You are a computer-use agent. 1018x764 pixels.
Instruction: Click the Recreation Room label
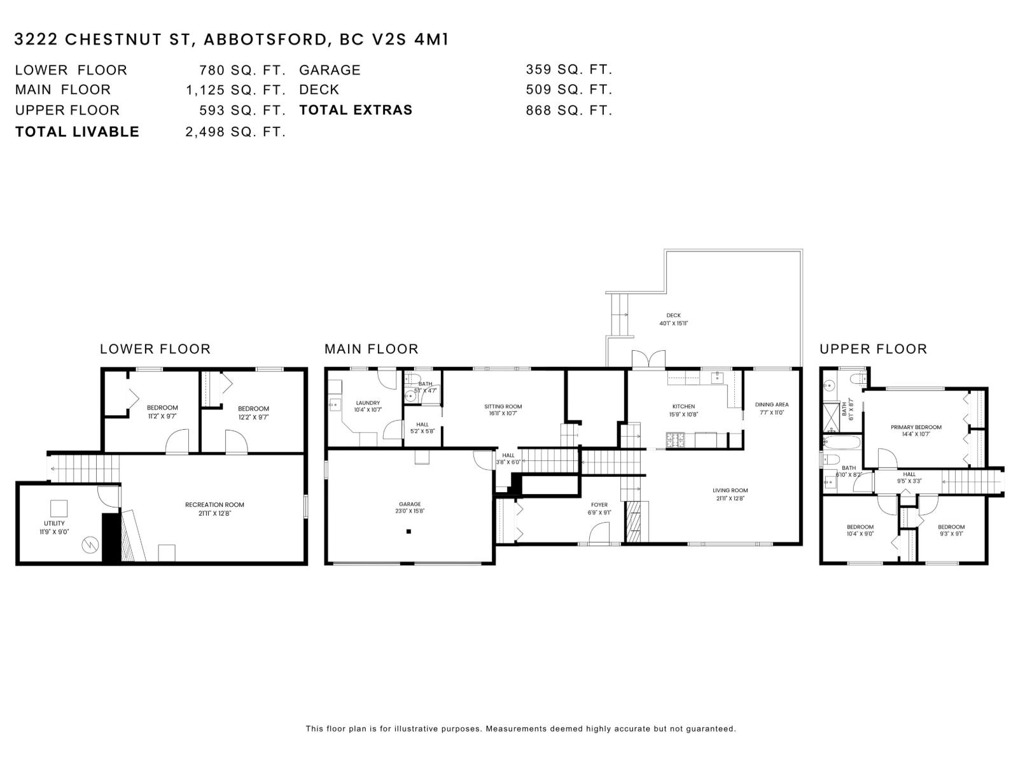(214, 505)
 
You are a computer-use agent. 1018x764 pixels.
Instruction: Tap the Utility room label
(54, 523)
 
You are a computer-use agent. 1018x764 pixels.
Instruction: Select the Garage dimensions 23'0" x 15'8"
(409, 511)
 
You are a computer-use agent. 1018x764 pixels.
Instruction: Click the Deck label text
(673, 315)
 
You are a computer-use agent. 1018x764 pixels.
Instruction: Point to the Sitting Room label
(503, 406)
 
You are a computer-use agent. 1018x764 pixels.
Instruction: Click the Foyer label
(599, 505)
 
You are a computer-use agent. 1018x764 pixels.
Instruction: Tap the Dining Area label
(772, 404)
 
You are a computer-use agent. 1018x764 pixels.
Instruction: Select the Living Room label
(730, 490)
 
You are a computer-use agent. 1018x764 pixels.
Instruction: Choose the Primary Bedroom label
(916, 427)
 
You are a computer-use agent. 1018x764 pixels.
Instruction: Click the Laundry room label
(368, 402)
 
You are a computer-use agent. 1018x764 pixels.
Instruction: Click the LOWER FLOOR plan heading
(155, 349)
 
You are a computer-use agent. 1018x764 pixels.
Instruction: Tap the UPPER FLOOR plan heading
(873, 349)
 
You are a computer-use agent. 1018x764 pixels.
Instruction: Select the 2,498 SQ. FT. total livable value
(235, 132)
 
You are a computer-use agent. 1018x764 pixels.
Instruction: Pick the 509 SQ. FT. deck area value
(569, 90)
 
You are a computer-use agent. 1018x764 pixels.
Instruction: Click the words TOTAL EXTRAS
(356, 110)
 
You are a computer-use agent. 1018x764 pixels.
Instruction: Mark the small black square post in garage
(408, 531)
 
